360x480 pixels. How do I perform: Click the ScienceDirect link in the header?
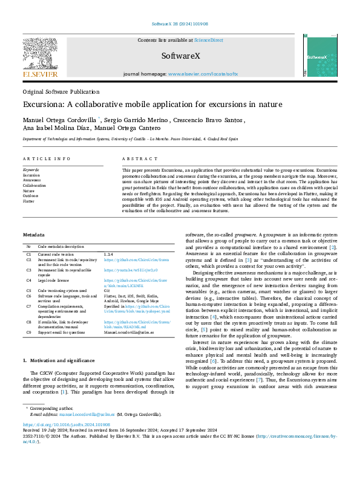tap(208, 41)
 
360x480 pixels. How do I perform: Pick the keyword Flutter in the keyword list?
tap(28, 201)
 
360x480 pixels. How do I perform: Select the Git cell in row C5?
tap(106, 291)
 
